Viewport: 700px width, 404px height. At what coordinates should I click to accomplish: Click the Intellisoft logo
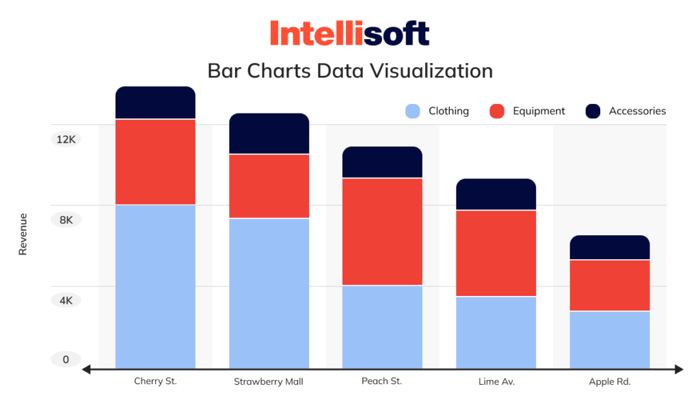[349, 33]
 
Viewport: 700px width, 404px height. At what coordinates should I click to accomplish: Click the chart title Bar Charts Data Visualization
[349, 71]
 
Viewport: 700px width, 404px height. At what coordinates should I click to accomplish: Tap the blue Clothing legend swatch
[412, 111]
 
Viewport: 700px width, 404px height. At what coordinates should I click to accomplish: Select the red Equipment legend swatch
[497, 111]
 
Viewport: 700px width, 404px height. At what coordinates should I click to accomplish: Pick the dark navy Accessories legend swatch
[593, 111]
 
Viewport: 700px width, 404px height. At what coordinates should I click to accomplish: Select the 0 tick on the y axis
[66, 360]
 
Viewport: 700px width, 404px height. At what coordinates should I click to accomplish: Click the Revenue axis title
[23, 234]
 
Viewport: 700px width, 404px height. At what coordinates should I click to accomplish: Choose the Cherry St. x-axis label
[155, 381]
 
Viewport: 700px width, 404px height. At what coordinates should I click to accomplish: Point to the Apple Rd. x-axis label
[610, 382]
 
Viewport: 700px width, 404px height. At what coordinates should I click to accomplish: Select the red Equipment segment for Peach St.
[382, 231]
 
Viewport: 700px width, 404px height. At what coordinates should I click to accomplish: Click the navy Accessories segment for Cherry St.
[155, 103]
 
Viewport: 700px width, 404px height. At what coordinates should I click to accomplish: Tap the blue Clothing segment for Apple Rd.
[610, 340]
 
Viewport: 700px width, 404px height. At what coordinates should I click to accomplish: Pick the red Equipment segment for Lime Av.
[496, 253]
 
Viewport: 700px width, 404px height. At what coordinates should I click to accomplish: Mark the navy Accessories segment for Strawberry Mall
[269, 133]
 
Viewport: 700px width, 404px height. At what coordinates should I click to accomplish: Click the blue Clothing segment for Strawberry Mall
[269, 293]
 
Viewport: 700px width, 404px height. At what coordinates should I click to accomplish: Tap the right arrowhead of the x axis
[678, 370]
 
